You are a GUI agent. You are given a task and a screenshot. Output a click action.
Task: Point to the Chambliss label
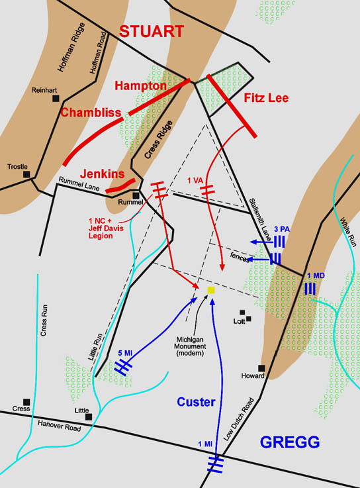91,113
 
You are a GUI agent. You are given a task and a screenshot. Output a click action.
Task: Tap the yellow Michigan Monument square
211,290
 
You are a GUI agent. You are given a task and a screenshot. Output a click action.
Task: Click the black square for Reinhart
56,99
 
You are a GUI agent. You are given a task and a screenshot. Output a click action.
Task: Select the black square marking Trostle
27,175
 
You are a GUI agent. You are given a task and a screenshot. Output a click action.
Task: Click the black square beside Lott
242,313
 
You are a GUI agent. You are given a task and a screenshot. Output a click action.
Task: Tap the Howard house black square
261,368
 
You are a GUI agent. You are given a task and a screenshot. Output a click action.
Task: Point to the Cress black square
26,401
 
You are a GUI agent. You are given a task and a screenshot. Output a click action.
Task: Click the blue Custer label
197,402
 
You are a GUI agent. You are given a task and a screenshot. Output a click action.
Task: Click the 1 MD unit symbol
309,289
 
